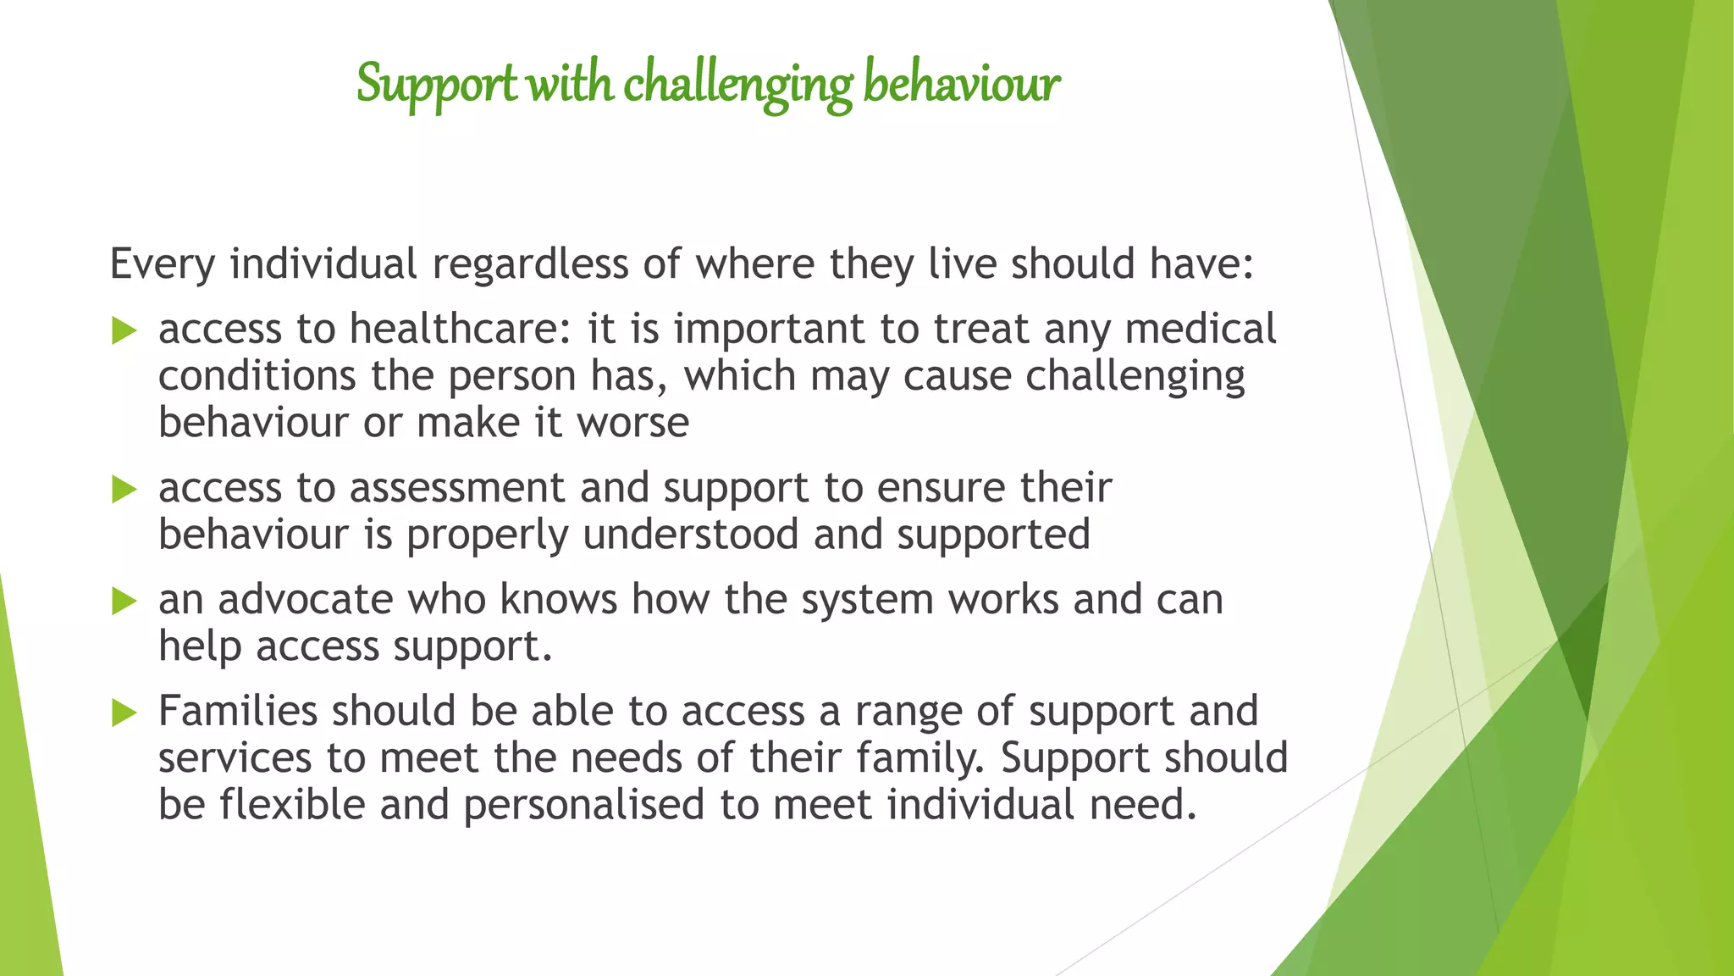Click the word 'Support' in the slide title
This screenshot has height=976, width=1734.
[436, 85]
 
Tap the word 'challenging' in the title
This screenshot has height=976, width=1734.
[737, 85]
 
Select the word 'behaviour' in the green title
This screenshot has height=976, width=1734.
[961, 85]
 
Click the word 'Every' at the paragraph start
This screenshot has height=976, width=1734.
[163, 264]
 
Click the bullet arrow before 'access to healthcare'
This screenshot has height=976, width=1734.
[124, 330]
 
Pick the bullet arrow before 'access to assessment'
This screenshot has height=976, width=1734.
[124, 489]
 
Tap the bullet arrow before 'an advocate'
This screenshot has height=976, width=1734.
[124, 602]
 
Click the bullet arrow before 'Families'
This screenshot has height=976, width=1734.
[124, 713]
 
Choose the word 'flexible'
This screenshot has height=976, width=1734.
[292, 804]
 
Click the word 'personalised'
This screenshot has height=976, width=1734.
[584, 804]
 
